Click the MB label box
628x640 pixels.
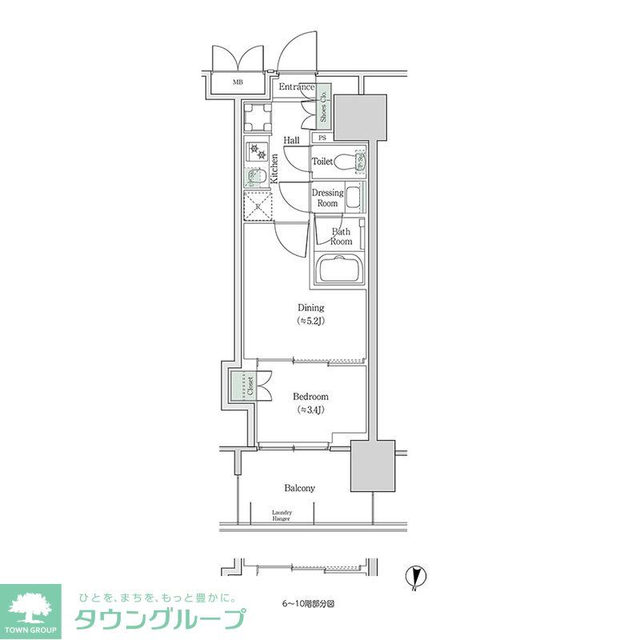237,82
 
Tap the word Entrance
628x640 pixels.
296,87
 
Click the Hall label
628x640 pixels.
291,140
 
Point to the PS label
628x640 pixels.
322,138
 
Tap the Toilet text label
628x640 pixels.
322,162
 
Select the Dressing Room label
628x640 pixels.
327,198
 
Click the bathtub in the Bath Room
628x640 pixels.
339,269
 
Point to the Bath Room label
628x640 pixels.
341,236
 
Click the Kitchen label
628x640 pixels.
274,169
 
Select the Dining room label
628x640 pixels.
311,314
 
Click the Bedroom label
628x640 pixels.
310,402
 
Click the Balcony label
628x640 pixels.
299,488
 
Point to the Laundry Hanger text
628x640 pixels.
282,515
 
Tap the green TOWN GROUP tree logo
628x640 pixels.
30,610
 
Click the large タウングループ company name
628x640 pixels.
159,619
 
